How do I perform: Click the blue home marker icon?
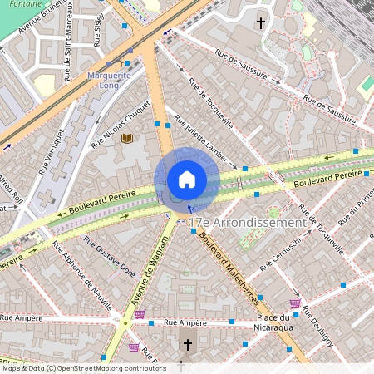tap(186, 180)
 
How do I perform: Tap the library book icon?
tap(127, 139)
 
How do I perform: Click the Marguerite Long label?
tap(109, 80)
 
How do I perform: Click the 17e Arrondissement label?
tap(247, 223)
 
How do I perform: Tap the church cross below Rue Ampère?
tap(187, 343)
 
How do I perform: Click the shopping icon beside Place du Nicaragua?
tap(294, 303)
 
